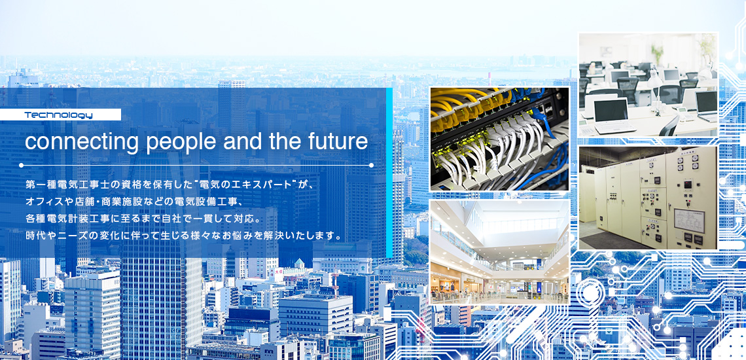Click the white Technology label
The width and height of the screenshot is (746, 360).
[x=60, y=115]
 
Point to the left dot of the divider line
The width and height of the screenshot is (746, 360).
[x=21, y=165]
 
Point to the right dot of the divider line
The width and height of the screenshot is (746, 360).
[x=371, y=165]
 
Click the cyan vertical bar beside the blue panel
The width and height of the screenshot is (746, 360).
[x=389, y=172]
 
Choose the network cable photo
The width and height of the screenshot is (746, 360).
[x=499, y=139]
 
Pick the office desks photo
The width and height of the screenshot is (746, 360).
[x=648, y=85]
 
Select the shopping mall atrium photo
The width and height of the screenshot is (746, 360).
[x=499, y=252]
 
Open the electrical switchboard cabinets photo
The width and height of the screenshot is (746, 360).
[x=648, y=198]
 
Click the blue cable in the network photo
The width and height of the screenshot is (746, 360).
[x=542, y=120]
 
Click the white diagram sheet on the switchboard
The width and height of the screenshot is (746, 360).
[x=689, y=221]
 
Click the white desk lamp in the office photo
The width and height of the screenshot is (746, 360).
[x=654, y=88]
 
